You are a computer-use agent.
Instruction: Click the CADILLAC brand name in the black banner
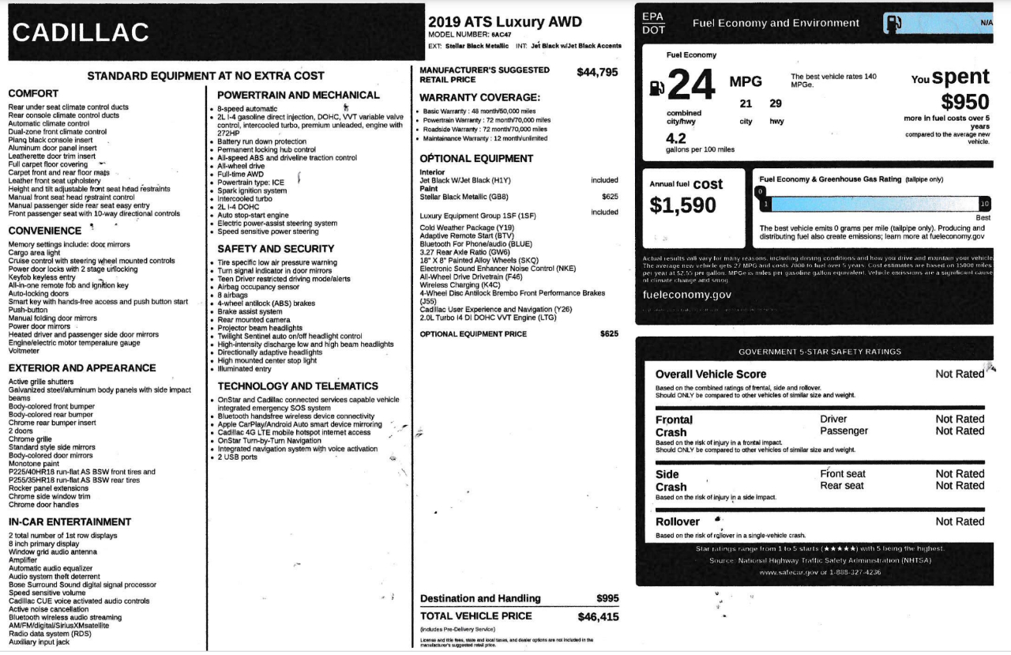[x=81, y=32]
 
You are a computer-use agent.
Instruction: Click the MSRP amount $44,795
[x=597, y=72]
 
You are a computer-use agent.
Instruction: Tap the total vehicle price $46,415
[x=598, y=617]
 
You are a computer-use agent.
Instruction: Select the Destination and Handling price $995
[x=607, y=598]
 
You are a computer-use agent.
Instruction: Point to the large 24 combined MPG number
[x=691, y=85]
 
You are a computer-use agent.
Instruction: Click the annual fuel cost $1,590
[x=682, y=205]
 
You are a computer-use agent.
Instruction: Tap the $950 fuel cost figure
[x=964, y=102]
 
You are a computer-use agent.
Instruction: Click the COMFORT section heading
[x=33, y=93]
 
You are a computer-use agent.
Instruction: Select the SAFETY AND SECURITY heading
[x=276, y=249]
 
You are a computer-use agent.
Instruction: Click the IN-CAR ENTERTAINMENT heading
[x=70, y=521]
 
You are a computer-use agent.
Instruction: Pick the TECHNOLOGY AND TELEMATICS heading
[x=298, y=386]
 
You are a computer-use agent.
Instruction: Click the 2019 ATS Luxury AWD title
[x=505, y=21]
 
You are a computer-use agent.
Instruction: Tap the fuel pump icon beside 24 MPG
[x=657, y=88]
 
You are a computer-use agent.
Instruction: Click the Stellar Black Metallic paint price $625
[x=609, y=197]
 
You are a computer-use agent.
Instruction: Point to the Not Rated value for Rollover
[x=960, y=521]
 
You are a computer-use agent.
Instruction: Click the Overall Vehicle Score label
[x=711, y=374]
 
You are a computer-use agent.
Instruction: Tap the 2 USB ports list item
[x=238, y=457]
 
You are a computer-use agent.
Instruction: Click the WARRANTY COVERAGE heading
[x=479, y=97]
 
